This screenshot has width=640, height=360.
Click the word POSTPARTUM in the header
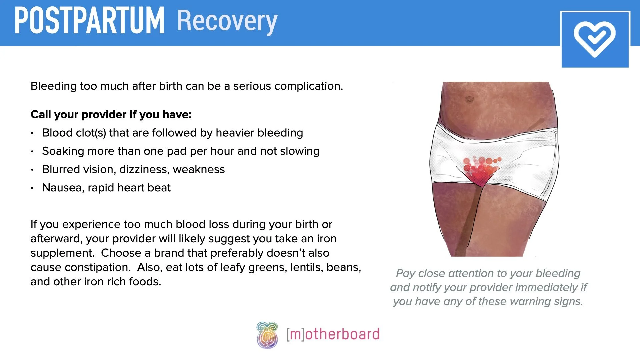tap(89, 21)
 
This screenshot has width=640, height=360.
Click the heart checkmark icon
tap(595, 39)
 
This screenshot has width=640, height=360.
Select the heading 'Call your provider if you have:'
tap(111, 115)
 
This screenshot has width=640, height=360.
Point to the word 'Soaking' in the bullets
tap(63, 151)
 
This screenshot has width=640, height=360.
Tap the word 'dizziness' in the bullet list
tap(144, 170)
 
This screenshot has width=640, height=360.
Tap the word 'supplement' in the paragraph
tap(62, 253)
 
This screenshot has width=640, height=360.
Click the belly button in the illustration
tap(469, 99)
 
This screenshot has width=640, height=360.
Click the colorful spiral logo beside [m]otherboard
tap(267, 335)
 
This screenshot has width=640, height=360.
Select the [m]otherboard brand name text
tap(333, 334)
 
